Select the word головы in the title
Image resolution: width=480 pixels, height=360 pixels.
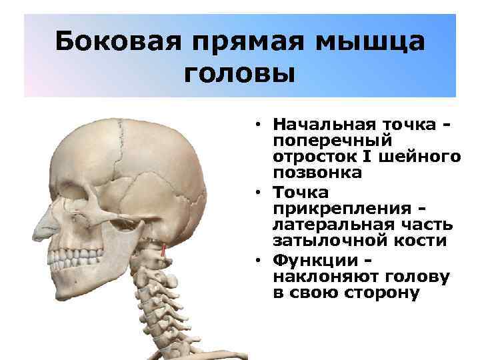[239, 72]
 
